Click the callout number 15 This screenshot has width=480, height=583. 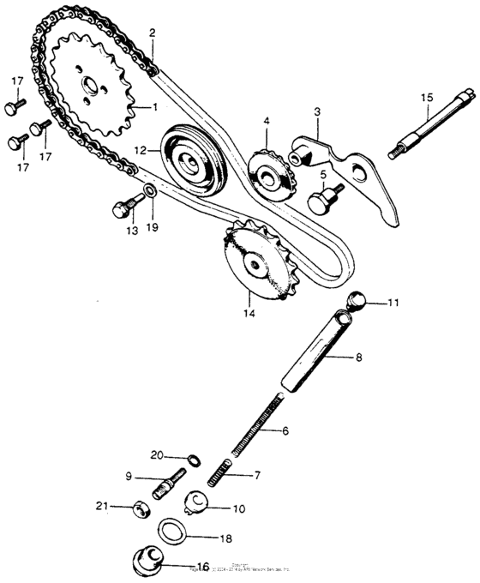(x=427, y=98)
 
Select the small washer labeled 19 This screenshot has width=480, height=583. (x=150, y=189)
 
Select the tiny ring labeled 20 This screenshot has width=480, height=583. (x=195, y=460)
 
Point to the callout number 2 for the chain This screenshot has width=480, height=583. (x=152, y=33)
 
